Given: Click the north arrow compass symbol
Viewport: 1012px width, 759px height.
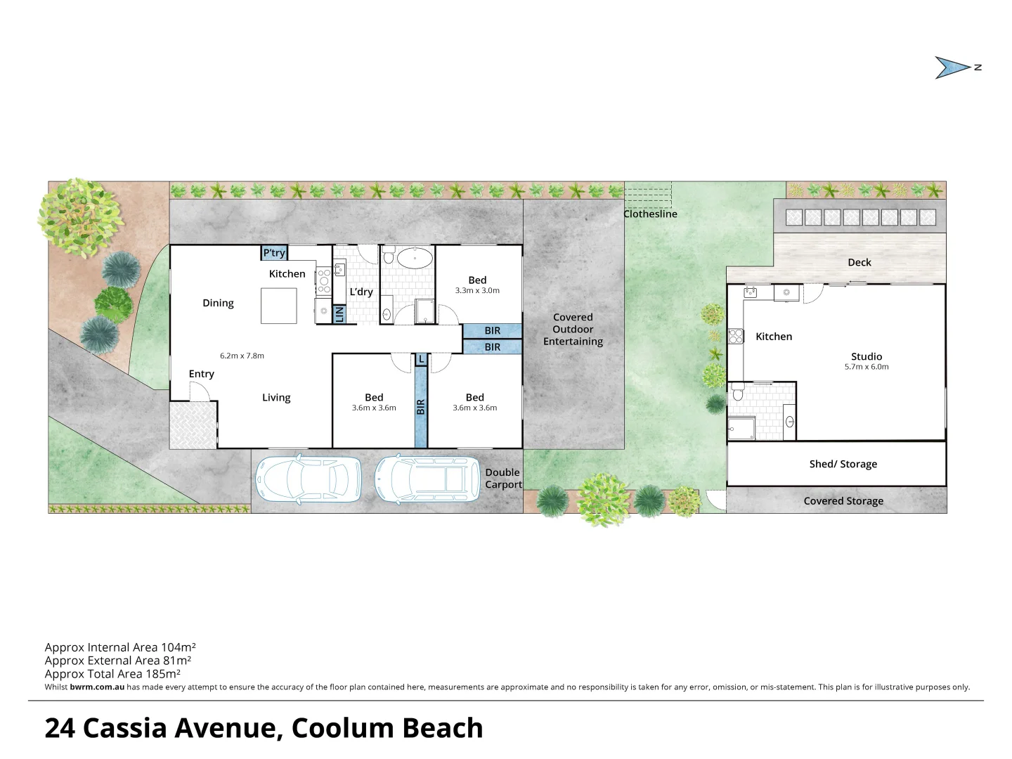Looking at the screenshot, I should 956,67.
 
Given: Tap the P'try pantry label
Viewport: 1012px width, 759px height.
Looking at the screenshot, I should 274,253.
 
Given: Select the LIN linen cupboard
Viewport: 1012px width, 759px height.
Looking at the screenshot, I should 339,314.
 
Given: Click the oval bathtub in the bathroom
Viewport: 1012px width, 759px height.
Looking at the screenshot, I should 414,258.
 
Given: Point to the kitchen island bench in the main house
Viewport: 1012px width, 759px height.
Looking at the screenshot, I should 279,306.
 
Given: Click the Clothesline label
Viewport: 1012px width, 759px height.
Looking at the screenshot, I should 651,214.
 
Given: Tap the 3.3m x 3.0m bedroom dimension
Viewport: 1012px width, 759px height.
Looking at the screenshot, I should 477,290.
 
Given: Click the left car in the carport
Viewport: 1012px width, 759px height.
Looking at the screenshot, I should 309,479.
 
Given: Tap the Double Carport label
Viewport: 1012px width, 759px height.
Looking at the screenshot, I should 503,478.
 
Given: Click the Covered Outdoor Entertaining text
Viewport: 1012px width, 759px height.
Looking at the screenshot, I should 573,329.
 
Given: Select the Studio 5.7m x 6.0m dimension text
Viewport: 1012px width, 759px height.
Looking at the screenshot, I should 866,367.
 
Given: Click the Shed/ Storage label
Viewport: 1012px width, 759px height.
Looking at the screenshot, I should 843,464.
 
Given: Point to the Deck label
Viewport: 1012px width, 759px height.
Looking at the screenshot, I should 859,262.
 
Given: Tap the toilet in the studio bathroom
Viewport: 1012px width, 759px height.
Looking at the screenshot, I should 737,393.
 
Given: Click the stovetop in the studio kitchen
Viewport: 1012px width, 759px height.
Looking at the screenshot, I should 736,337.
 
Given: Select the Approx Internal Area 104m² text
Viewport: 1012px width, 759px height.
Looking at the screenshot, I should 120,647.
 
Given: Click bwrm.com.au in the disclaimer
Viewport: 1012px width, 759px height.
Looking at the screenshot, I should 97,687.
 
